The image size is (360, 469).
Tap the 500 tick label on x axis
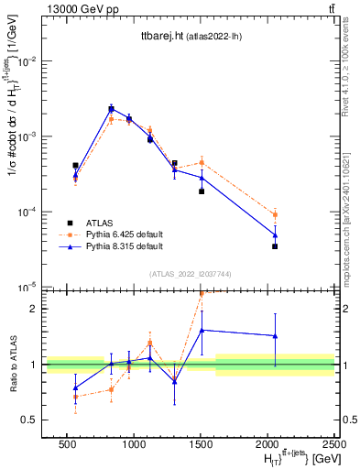point(67,442)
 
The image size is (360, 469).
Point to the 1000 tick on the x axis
point(134,442)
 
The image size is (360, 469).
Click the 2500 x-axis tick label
point(333,442)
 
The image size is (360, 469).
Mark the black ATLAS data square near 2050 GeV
point(275,246)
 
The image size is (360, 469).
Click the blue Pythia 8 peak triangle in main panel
point(111,109)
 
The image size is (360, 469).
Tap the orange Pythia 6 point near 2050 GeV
point(275,215)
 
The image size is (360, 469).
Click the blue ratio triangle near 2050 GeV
point(275,336)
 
